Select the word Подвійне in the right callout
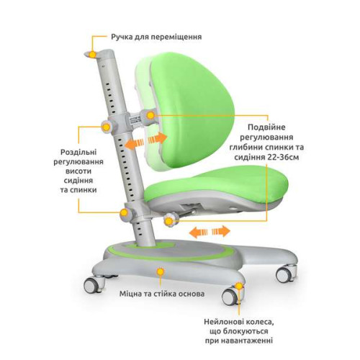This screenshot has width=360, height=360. click(x=266, y=127)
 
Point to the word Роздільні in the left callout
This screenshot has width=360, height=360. click(x=78, y=152)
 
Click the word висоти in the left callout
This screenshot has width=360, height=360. click(x=78, y=171)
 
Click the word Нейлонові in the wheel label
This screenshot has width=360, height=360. click(x=222, y=322)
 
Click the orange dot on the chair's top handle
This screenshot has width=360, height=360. click(x=92, y=55)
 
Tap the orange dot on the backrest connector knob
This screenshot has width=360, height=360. click(x=150, y=115)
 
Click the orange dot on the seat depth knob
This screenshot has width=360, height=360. click(x=168, y=220)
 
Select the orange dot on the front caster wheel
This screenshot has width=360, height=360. click(x=238, y=286)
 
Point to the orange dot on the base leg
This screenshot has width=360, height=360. click(x=160, y=272)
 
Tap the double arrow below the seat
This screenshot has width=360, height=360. click(x=210, y=232)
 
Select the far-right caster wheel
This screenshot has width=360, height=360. click(x=286, y=274)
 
